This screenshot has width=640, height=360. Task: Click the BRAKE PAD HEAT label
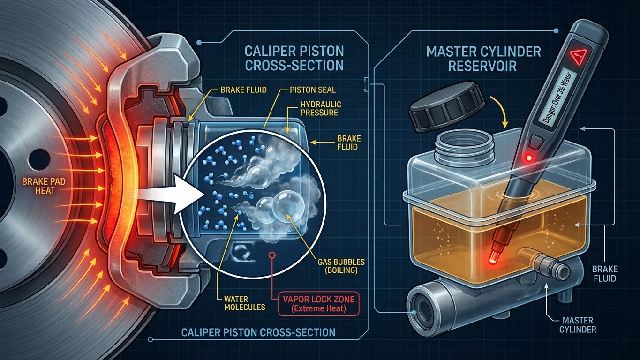(44, 186)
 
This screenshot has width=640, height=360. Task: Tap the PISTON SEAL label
(313, 90)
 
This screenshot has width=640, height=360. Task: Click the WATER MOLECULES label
(245, 303)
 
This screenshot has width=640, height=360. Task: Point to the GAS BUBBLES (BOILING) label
(341, 266)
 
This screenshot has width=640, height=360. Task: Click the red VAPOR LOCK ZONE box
(318, 303)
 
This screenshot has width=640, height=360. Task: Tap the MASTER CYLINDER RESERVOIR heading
(483, 59)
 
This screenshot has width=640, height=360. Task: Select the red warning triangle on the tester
(578, 56)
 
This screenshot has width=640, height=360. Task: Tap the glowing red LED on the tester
(529, 157)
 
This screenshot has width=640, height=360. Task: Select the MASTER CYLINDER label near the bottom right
(578, 324)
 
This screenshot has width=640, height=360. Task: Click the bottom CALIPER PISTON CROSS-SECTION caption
(258, 332)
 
